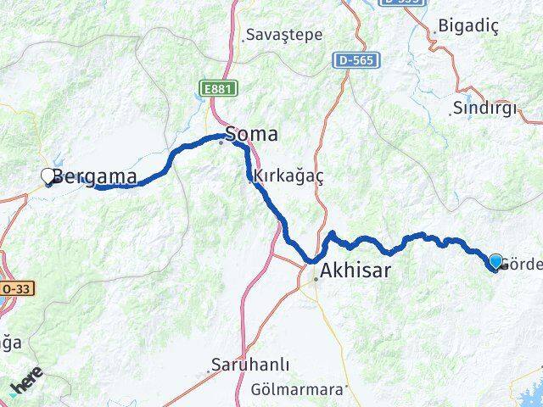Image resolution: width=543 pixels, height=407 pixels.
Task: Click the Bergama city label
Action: pos(95,176)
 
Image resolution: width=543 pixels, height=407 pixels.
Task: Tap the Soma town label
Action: pos(251,134)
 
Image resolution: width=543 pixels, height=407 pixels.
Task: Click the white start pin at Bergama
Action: pos(48,176)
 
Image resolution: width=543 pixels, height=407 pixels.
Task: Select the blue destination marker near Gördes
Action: pos(495,261)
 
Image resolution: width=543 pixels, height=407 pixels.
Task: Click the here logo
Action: pos(27,387)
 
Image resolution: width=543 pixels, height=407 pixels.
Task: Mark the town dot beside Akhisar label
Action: pos(316,277)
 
